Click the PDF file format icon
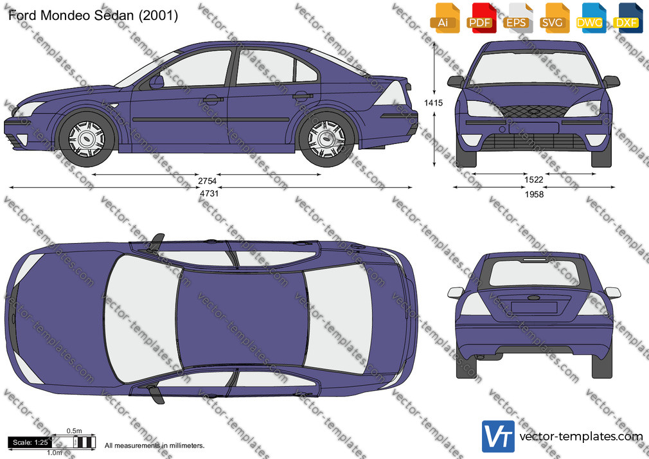click(481, 18)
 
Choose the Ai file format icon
click(445, 18)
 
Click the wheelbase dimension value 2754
click(207, 181)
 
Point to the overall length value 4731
click(209, 194)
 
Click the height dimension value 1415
click(433, 103)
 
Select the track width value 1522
click(533, 179)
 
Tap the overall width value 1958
click(534, 194)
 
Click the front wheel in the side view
click(87, 138)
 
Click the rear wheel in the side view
click(326, 138)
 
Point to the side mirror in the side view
click(157, 82)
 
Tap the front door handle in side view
click(213, 100)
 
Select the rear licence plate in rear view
click(534, 307)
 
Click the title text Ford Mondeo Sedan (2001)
click(93, 15)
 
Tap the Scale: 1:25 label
click(30, 442)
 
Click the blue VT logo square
click(498, 437)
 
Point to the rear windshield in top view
click(339, 318)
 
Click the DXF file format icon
click(627, 18)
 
